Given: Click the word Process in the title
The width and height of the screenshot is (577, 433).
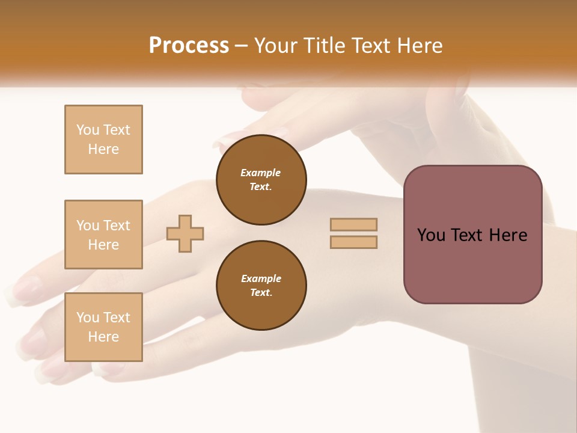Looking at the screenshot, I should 189,46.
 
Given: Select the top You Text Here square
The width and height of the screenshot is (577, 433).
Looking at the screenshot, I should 103,140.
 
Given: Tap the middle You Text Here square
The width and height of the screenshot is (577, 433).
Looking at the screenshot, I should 103,235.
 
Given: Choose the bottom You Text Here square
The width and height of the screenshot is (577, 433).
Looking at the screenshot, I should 103,327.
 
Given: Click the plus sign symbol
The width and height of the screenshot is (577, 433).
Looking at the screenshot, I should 185,233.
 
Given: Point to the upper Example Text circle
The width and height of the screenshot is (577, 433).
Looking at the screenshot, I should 261,180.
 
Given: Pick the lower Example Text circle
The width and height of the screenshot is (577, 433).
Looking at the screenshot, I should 261,286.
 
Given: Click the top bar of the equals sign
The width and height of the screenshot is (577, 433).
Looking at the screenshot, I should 354,224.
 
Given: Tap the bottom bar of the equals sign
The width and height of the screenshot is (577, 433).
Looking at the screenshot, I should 354,242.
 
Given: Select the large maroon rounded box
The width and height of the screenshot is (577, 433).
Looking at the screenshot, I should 472,235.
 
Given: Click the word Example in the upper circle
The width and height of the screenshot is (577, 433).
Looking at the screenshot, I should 261,173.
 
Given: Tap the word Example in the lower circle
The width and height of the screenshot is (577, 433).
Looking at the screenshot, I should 261,279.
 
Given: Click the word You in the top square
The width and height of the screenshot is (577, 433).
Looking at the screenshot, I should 88,130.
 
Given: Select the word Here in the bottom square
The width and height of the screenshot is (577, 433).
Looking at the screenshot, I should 103,337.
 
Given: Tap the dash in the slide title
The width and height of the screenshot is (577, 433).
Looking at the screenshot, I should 242,46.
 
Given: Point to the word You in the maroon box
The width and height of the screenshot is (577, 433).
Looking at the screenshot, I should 431,235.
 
